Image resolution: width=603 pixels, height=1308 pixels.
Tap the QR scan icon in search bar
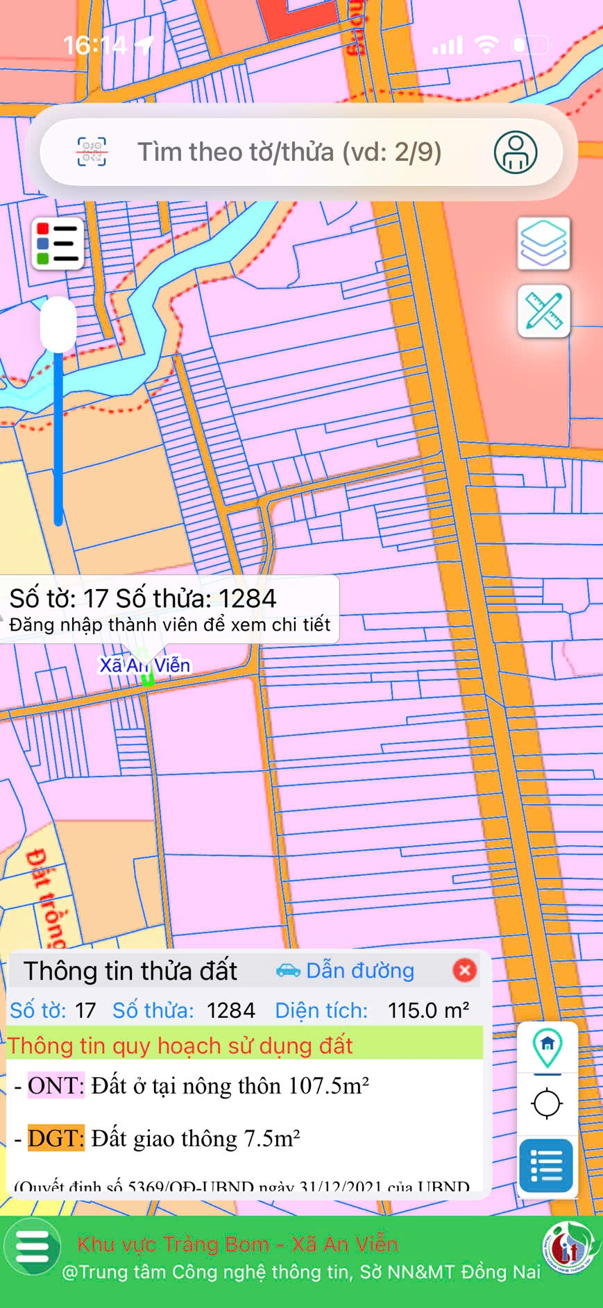92,152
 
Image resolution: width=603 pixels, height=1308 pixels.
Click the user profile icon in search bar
515,152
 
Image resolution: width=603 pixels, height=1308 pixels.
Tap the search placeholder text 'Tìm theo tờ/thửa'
289,152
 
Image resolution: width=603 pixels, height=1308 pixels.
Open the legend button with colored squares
58,244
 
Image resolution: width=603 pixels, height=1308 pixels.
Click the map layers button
544,243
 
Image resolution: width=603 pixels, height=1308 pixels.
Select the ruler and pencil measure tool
544,311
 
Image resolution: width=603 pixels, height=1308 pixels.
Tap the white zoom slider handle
58,324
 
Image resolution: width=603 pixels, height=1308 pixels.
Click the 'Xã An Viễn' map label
145,665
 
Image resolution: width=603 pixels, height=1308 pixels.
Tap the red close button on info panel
464,970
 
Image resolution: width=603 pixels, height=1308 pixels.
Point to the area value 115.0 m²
428,1010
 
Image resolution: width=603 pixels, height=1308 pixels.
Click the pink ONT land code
56,1085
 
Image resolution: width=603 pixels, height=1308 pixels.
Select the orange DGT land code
56,1138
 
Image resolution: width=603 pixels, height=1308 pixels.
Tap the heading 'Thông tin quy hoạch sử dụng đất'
180,1046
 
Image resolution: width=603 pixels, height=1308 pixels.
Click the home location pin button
547,1047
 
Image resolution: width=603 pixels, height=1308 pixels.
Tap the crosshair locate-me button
547,1103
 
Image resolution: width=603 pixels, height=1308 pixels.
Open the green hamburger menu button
32,1247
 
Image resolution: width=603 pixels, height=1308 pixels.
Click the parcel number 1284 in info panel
231,1010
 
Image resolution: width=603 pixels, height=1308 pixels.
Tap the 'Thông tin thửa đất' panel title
130,971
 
